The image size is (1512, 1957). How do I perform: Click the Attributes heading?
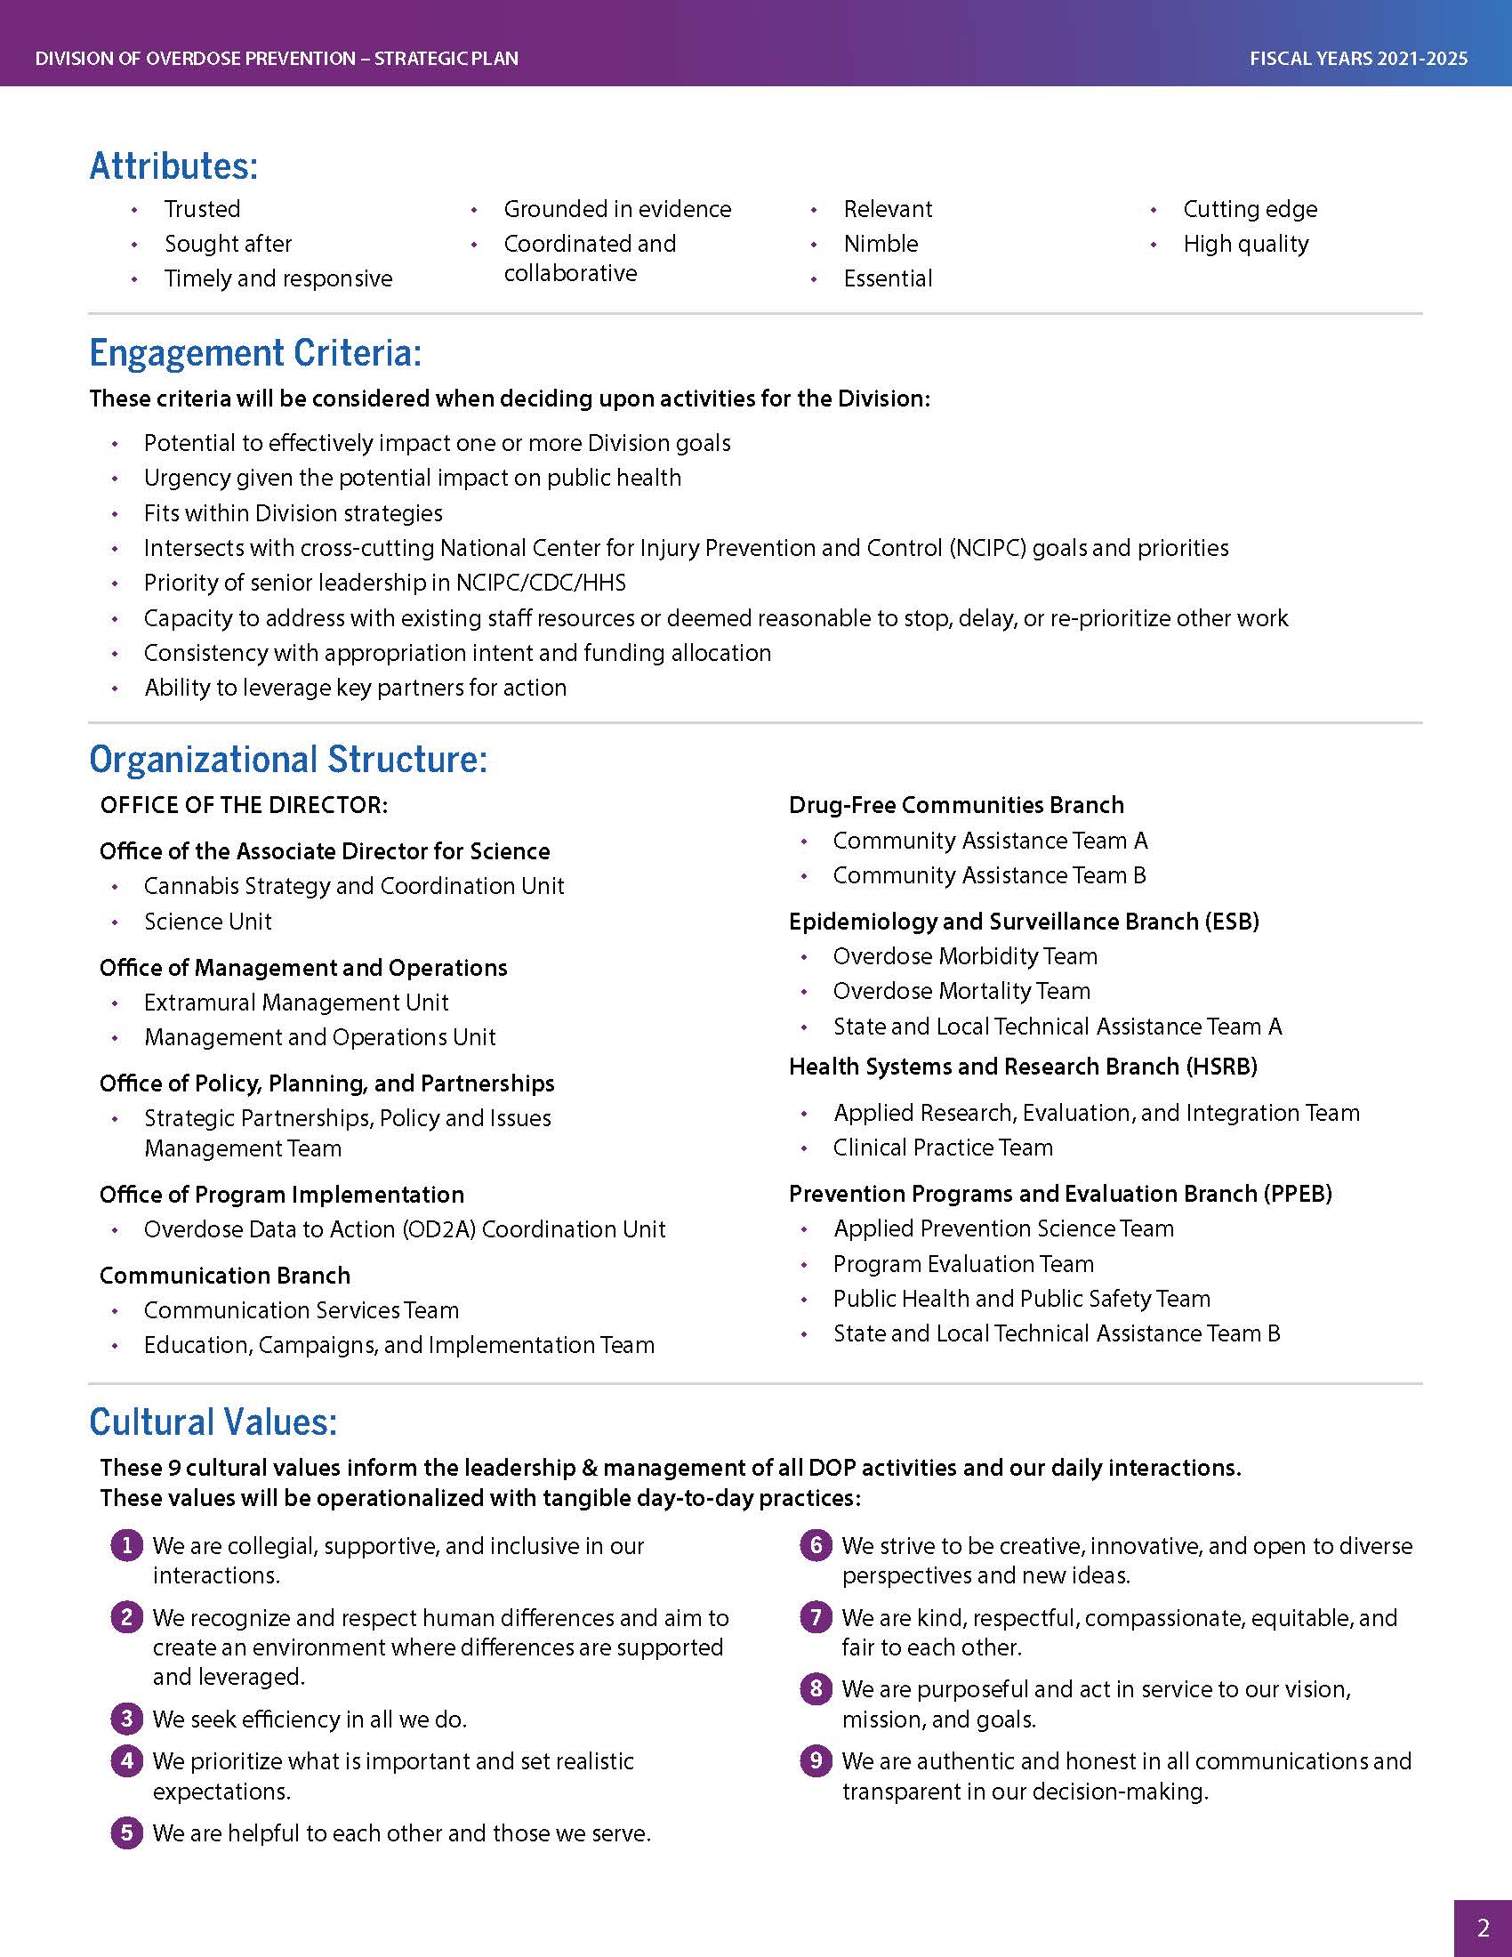[173, 165]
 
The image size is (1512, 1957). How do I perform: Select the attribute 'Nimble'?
[881, 244]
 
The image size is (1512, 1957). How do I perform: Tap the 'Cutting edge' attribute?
[1250, 209]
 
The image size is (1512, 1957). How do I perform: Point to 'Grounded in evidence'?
[617, 209]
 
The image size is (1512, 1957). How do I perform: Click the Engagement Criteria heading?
[255, 353]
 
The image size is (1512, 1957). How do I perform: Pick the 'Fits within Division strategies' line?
[293, 512]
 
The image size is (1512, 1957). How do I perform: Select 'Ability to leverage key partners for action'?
[356, 688]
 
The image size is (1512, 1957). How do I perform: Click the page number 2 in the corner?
[1483, 1928]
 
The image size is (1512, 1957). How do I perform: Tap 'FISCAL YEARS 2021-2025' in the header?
[1358, 59]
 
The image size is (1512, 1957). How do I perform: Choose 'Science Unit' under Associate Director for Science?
[208, 922]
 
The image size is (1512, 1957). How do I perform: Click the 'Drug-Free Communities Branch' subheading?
[956, 805]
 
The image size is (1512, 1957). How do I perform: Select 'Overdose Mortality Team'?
[961, 991]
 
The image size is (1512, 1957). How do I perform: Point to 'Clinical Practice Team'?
[942, 1147]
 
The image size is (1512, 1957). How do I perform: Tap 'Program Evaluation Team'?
[963, 1263]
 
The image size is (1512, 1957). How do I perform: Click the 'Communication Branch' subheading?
[225, 1275]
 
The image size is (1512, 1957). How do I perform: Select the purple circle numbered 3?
[127, 1718]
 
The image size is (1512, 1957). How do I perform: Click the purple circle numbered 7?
[815, 1617]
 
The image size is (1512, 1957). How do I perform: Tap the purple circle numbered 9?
[815, 1760]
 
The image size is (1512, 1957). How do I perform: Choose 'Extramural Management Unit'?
[295, 1002]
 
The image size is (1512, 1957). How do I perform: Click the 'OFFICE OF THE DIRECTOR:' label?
[244, 805]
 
